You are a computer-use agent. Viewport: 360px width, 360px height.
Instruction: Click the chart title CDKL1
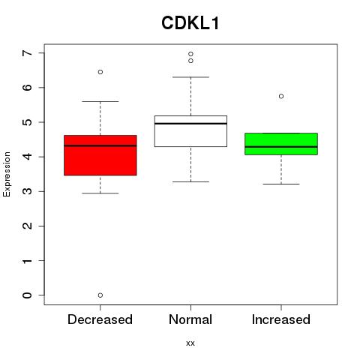190,23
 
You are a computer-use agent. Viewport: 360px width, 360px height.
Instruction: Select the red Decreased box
100,155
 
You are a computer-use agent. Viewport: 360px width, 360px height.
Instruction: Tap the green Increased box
281,144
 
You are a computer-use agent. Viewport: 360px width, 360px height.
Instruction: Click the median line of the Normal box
190,124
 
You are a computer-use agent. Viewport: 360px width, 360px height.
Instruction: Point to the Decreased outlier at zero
100,295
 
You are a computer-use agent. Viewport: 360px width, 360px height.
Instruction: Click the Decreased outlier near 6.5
100,72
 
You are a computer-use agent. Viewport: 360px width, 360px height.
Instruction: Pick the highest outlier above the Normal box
190,54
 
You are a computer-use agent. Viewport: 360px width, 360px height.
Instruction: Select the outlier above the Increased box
281,96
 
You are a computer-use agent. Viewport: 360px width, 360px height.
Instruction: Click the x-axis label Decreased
100,319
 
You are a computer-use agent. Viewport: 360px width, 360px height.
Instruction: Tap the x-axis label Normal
190,319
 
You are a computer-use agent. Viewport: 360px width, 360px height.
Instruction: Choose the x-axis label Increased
281,319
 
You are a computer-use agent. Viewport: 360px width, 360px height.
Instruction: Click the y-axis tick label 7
27,53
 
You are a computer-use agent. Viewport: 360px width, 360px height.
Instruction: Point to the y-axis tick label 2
27,226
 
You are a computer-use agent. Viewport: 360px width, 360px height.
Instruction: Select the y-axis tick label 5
27,122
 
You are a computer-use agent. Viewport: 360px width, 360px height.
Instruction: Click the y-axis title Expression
7,174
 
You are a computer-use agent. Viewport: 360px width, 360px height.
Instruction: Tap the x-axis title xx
190,343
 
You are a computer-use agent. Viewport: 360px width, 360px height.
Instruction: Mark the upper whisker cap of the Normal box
190,77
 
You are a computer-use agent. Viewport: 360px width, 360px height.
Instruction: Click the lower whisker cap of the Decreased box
100,193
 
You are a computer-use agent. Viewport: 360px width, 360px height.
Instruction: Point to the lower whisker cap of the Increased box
281,184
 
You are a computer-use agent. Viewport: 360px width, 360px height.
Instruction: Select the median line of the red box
100,145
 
